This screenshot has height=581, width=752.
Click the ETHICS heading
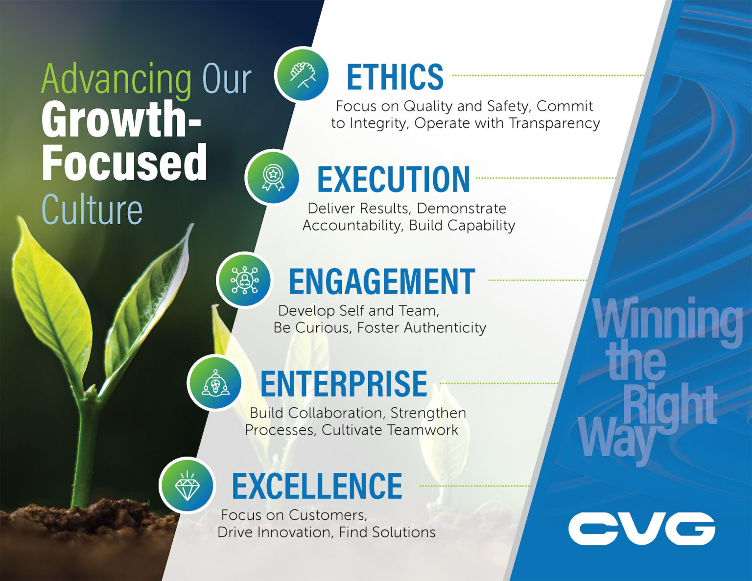395,77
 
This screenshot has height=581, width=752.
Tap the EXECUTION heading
394,179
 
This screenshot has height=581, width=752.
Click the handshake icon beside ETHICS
302,74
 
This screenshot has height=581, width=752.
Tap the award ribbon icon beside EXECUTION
273,177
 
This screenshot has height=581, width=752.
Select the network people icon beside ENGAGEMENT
244,280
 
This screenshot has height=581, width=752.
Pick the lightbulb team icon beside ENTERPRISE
215,383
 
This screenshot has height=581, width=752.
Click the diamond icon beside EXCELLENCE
187,485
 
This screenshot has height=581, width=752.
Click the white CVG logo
641,529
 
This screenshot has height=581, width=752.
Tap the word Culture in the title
92,209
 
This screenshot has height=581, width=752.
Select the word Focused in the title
124,163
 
